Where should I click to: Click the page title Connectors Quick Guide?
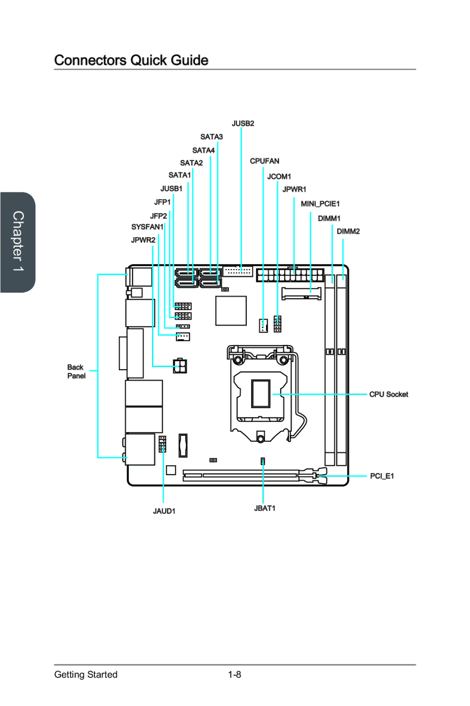coord(131,60)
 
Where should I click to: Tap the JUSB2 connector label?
coord(243,124)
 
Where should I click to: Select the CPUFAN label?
coord(264,161)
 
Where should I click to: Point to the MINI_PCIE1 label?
coord(320,204)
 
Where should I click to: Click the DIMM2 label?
coord(348,232)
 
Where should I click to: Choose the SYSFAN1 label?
coord(147,227)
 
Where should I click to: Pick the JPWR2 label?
coord(143,240)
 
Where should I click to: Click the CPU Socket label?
coord(389,394)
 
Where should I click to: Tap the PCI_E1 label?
coord(382,476)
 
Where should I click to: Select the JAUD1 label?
coord(164,511)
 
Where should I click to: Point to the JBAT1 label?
coord(265,508)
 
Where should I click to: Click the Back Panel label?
coord(76,372)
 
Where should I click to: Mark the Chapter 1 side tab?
coord(18,242)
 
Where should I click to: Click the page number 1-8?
coord(235,675)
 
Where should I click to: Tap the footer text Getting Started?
coord(86,675)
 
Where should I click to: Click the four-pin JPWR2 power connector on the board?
coord(180,366)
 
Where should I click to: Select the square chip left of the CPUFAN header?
coord(231,311)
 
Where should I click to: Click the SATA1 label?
coord(179,175)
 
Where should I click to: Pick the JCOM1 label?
coord(279,177)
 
